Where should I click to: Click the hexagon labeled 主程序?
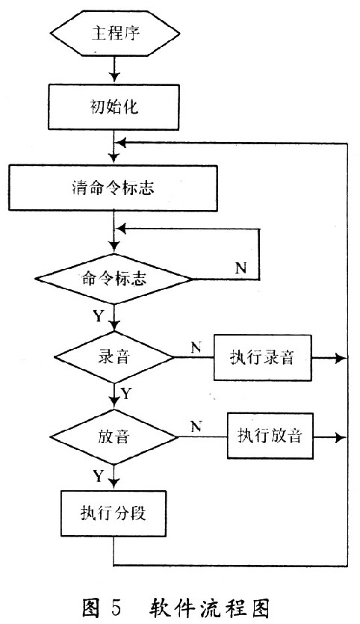pos(115,34)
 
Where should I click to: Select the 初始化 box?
pos(114,107)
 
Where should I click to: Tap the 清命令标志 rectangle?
pos(114,188)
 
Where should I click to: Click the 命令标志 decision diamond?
pos(114,279)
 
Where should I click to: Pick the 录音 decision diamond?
pos(114,357)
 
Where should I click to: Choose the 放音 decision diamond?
pos(114,437)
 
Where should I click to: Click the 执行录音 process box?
pos(262,358)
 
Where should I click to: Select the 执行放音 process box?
pos(270,436)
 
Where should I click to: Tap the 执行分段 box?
pos(114,513)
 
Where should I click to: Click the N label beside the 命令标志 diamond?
pos(240,268)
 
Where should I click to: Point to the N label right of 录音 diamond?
pos(196,347)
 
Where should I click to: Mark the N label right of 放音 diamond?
pos(196,427)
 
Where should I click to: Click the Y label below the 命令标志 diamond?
pos(99,316)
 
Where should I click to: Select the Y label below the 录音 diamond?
pos(125,394)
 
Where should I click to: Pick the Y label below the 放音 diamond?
pos(99,475)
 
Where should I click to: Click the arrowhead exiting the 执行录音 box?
pos(341,358)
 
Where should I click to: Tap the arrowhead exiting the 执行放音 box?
pos(341,438)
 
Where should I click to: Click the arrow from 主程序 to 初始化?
pos(114,69)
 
